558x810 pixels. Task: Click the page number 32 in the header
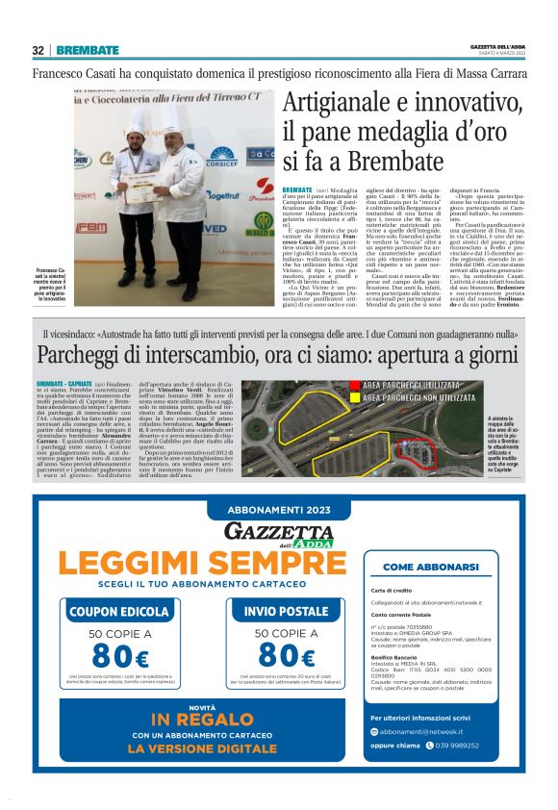pos(38,50)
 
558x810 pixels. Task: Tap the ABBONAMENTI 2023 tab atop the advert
pos(279,510)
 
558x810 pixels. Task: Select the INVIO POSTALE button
pos(285,610)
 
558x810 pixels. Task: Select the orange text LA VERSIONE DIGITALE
pos(201,747)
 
